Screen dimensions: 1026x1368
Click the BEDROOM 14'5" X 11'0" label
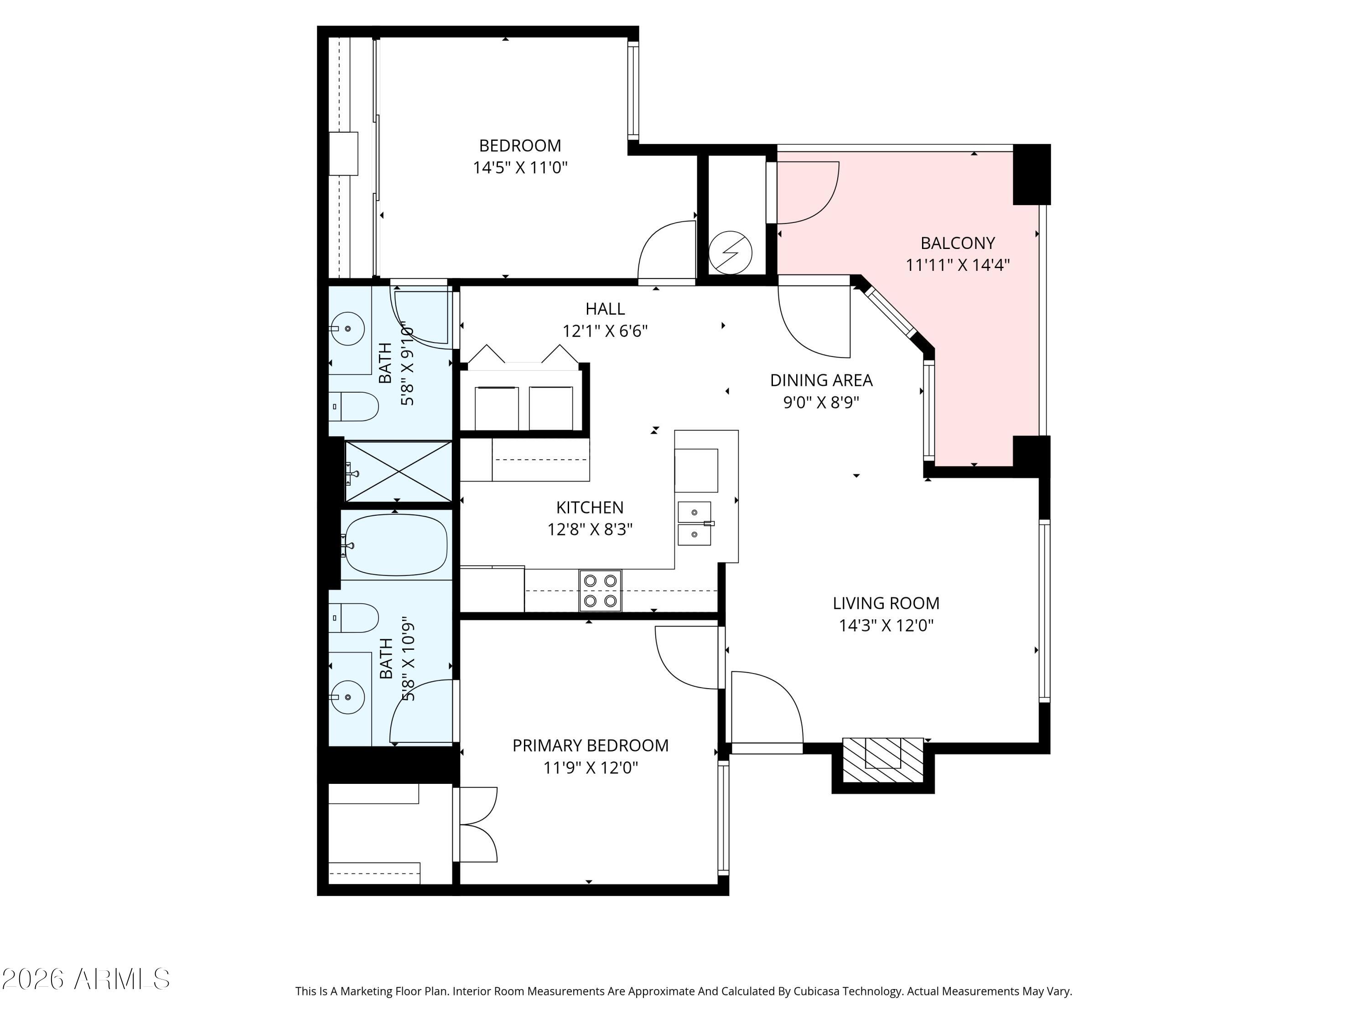point(520,156)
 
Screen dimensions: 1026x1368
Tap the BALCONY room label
point(957,254)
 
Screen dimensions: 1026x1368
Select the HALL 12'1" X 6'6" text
point(605,320)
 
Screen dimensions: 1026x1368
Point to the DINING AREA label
point(821,391)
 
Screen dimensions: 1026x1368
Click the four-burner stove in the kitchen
point(601,590)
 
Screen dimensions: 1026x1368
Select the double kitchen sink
point(694,523)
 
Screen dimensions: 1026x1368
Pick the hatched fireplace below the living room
point(882,760)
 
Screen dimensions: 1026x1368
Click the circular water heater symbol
point(731,252)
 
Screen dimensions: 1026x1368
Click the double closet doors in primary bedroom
point(477,824)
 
